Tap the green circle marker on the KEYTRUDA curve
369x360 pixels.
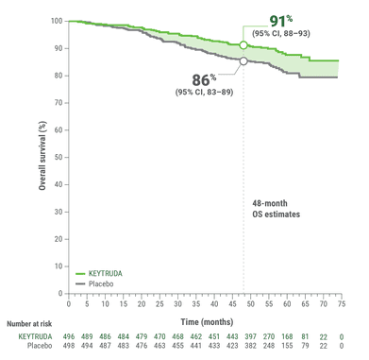tap(243, 44)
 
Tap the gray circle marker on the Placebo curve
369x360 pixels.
tap(243, 61)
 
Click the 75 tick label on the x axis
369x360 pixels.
tap(341, 303)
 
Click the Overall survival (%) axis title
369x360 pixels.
tap(42, 156)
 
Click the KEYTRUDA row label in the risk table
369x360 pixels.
tap(35, 335)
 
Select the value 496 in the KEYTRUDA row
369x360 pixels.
tap(69, 335)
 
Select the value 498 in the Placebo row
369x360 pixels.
tap(69, 346)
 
